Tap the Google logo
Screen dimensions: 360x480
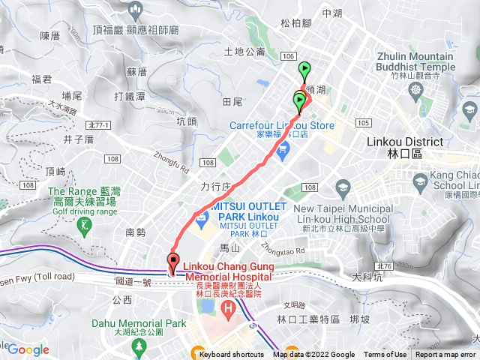tap(28, 349)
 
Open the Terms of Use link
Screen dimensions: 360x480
tap(385, 355)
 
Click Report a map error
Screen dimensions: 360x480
tap(445, 355)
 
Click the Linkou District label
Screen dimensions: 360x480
tap(393, 146)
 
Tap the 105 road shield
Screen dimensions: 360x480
tap(363, 122)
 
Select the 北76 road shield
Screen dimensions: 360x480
tap(385, 266)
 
